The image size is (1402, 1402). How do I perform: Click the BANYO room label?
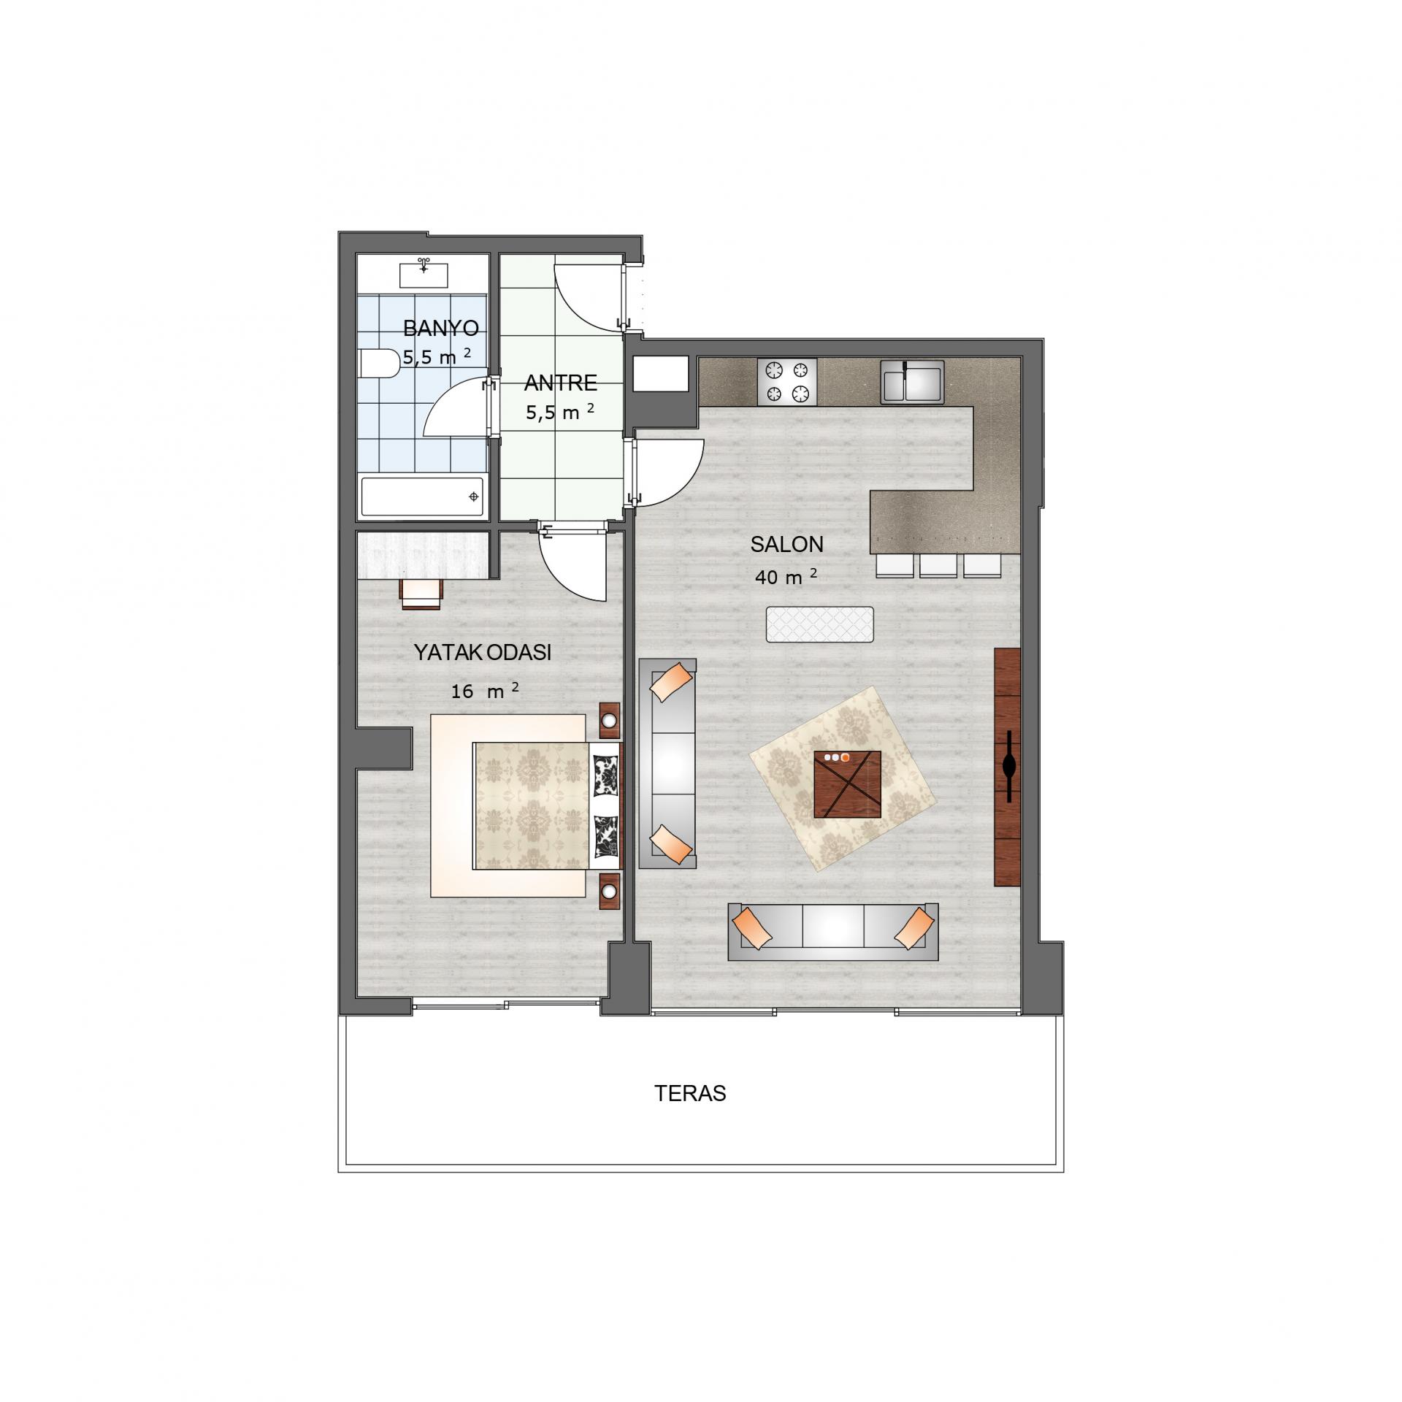click(x=440, y=329)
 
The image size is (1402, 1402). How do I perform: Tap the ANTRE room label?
click(x=560, y=383)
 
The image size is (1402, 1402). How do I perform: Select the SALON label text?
click(x=786, y=544)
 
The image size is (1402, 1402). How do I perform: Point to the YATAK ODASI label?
click(x=483, y=652)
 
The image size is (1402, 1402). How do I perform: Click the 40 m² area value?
click(x=785, y=578)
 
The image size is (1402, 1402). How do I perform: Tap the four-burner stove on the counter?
click(x=788, y=381)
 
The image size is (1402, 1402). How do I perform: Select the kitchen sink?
click(x=911, y=381)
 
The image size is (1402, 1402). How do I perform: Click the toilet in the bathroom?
click(x=377, y=364)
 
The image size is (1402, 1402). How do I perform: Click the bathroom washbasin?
click(x=424, y=274)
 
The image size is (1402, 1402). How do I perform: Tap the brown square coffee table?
click(x=847, y=784)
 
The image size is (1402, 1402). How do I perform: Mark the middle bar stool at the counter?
click(x=938, y=565)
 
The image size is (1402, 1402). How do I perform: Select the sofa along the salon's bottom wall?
click(x=832, y=932)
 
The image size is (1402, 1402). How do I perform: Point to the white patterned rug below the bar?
click(x=819, y=624)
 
